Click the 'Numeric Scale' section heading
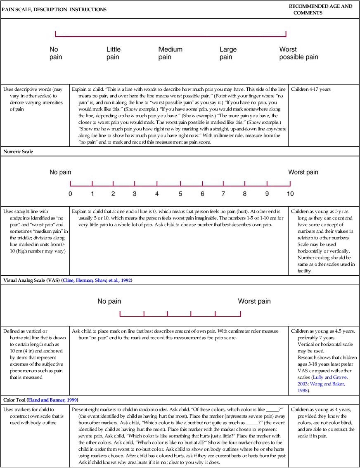pyautogui.click(x=18, y=151)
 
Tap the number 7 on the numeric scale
pyautogui.click(x=223, y=194)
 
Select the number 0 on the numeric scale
pyautogui.click(x=70, y=194)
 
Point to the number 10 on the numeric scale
pyautogui.click(x=290, y=194)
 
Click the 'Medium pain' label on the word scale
pyautogui.click(x=170, y=53)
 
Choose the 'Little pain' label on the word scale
pyautogui.click(x=114, y=53)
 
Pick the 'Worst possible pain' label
pyautogui.click(x=298, y=53)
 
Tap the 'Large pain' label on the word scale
pyautogui.click(x=228, y=53)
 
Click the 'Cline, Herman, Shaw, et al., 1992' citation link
pyautogui.click(x=97, y=280)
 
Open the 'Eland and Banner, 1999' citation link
pyautogui.click(x=53, y=400)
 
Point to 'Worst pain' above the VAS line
pyautogui.click(x=254, y=301)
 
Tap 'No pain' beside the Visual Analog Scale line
pyautogui.click(x=109, y=301)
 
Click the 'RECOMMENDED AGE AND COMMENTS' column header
pyautogui.click(x=320, y=9)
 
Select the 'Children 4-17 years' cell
pyautogui.click(x=311, y=89)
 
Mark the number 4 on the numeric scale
pyautogui.click(x=157, y=194)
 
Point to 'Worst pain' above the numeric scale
pyautogui.click(x=303, y=172)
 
